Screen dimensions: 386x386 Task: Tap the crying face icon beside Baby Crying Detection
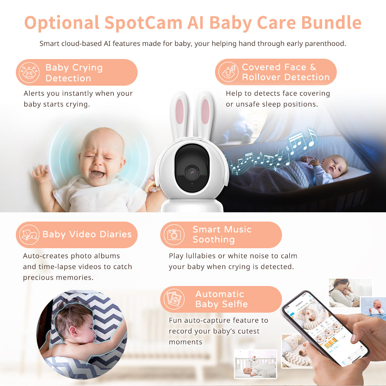[x=30, y=73]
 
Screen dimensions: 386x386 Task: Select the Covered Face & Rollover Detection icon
[x=228, y=72]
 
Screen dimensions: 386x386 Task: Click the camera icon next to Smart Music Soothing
[x=173, y=234]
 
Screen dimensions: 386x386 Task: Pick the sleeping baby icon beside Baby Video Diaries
[x=30, y=234]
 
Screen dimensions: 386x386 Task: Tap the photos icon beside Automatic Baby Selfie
[x=173, y=299]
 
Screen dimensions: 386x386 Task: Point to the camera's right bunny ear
[x=205, y=112]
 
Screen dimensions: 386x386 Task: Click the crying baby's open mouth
[x=97, y=174]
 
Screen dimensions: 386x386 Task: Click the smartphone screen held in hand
[x=324, y=328]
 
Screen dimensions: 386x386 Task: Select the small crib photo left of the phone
[x=256, y=364]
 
